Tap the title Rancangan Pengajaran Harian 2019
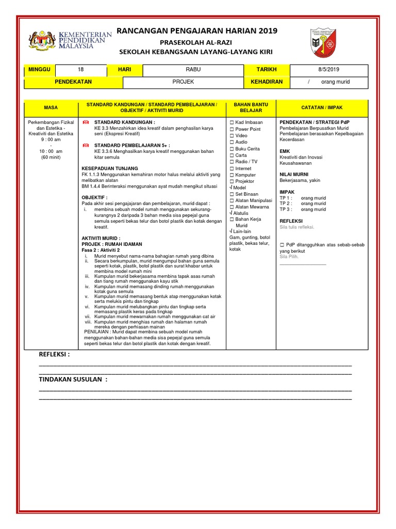197,31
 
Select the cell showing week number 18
80,70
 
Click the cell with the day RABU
191,70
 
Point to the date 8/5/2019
328,70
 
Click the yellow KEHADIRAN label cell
267,82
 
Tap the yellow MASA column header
51,107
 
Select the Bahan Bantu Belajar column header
251,107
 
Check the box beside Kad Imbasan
232,122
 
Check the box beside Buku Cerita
232,149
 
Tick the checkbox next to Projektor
232,181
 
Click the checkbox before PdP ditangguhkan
282,244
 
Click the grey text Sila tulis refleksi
296,227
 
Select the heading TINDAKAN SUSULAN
73,380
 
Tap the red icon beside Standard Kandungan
86,121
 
